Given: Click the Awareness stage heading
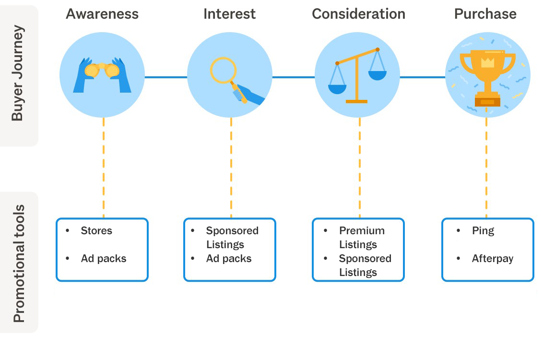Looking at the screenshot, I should (102, 14).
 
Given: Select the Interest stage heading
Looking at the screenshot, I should (229, 14).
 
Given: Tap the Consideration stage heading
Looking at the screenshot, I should (358, 14).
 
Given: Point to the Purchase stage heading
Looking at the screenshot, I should (485, 14).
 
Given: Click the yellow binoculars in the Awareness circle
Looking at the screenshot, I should (102, 70).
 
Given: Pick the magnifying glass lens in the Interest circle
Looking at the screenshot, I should (223, 70).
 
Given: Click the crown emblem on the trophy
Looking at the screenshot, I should (487, 62).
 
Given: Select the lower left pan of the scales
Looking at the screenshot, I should (337, 88).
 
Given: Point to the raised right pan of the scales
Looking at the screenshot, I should (377, 74).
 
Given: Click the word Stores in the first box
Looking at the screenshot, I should (96, 231).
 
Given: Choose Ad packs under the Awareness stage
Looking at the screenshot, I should (104, 259).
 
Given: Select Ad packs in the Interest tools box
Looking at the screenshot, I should (229, 259).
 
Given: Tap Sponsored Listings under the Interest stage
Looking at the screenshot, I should (232, 238).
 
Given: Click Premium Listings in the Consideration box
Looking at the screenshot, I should (361, 238).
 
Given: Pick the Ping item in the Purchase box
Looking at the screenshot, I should (483, 231).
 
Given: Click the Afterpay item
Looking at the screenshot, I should (492, 259).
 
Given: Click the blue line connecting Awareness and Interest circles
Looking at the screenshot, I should (165, 77).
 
